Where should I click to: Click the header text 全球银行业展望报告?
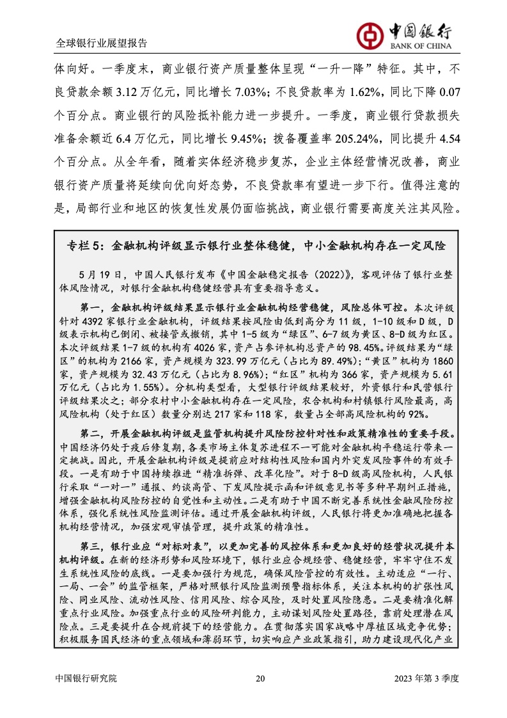102,43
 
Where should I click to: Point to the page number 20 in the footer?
260,678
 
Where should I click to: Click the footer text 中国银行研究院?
86,678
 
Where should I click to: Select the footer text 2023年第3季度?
426,678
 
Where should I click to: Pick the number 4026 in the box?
205,347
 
